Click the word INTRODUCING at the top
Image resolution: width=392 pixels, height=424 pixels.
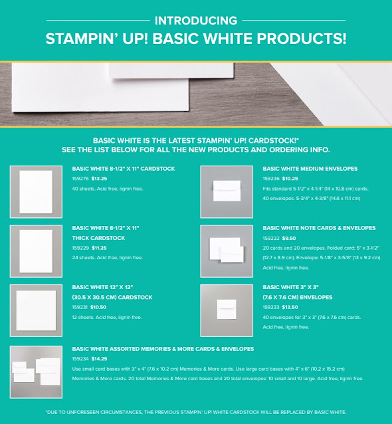pyautogui.click(x=196, y=21)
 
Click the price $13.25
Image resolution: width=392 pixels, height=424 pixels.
pyautogui.click(x=99, y=179)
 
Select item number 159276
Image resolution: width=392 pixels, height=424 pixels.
pyautogui.click(x=80, y=179)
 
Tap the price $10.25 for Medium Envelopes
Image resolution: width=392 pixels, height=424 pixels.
pyautogui.click(x=290, y=179)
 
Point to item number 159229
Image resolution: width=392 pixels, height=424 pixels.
pyautogui.click(x=80, y=248)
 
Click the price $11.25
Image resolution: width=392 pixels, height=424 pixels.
pyautogui.click(x=99, y=248)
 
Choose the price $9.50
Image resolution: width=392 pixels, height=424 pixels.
pyautogui.click(x=289, y=238)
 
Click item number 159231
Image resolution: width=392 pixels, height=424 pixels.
pyautogui.click(x=80, y=307)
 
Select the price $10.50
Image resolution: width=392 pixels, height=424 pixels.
pyautogui.click(x=98, y=307)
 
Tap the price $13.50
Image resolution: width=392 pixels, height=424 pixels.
pyautogui.click(x=290, y=307)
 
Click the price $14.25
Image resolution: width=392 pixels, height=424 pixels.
pyautogui.click(x=99, y=359)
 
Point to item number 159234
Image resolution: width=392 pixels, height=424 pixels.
pyautogui.click(x=80, y=359)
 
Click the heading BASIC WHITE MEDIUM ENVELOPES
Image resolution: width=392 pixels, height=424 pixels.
pyautogui.click(x=310, y=169)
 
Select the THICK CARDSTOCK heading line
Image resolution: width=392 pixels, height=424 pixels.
pyautogui.click(x=98, y=238)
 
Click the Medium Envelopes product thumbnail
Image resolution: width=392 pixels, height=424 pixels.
pyautogui.click(x=227, y=191)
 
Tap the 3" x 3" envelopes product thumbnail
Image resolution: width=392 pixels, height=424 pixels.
pyautogui.click(x=227, y=310)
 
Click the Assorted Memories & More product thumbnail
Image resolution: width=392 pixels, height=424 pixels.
pyautogui.click(x=36, y=372)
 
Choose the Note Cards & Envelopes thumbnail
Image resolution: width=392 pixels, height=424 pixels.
pyautogui.click(x=227, y=251)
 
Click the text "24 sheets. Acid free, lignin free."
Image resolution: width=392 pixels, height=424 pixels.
pyautogui.click(x=108, y=258)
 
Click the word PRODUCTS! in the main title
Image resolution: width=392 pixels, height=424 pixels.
pyautogui.click(x=302, y=39)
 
